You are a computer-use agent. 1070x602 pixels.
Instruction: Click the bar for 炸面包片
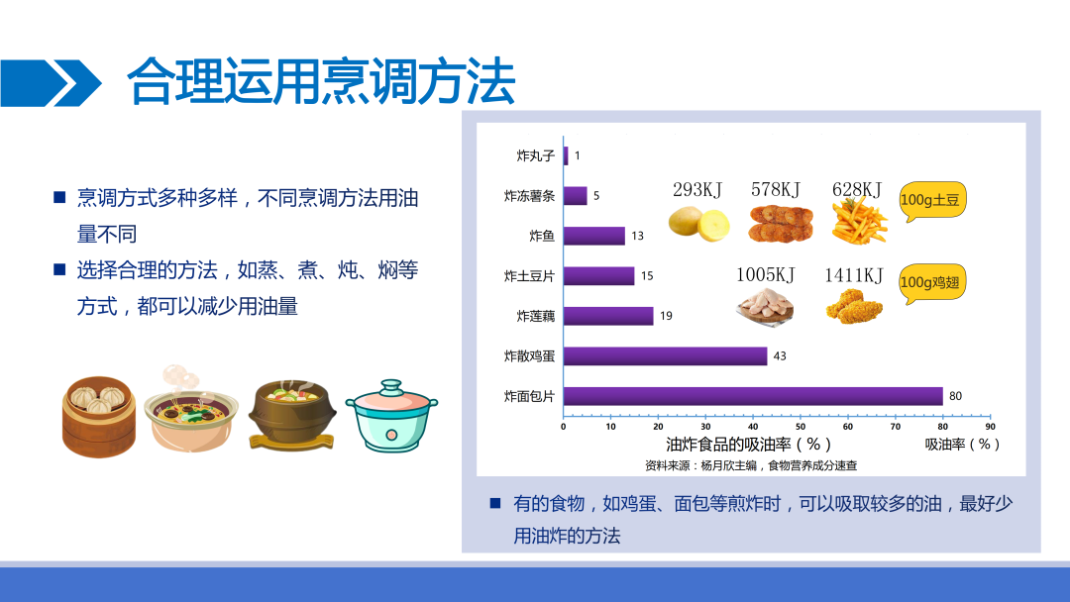click(753, 396)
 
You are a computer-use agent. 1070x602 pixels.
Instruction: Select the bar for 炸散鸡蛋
click(666, 355)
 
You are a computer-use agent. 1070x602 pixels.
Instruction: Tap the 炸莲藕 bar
click(608, 316)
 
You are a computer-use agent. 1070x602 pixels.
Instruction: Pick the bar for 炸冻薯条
click(576, 196)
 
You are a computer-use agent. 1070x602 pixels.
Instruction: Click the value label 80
click(955, 396)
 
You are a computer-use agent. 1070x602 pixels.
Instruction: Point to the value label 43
click(780, 355)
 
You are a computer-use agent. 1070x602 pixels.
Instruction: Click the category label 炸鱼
click(542, 236)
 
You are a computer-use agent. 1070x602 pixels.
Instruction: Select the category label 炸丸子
click(536, 155)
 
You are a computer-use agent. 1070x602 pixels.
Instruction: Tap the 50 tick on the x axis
click(801, 427)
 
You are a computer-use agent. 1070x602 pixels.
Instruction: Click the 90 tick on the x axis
click(990, 427)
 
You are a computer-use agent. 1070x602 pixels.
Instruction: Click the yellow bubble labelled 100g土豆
click(932, 201)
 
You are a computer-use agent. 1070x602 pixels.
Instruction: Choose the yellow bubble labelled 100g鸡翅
click(932, 283)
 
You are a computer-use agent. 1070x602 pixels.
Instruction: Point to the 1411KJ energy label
click(854, 275)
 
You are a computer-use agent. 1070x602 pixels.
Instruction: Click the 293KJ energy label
click(697, 189)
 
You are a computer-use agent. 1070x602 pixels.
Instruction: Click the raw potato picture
click(698, 225)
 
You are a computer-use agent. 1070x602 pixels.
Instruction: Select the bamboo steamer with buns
click(99, 416)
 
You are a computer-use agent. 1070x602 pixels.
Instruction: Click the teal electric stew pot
click(391, 416)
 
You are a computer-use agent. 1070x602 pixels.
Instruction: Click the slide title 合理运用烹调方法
click(321, 82)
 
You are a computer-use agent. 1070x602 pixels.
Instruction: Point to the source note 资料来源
click(751, 465)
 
